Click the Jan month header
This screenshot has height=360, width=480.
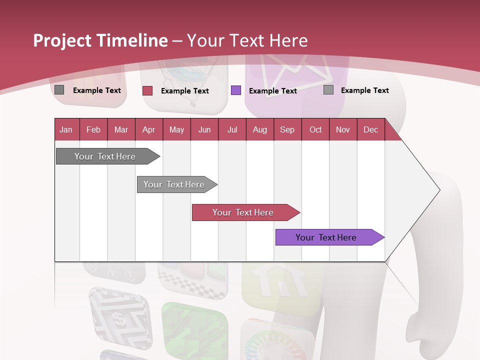pyautogui.click(x=66, y=129)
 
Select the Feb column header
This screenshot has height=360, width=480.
pyautogui.click(x=93, y=129)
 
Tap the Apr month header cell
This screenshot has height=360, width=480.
pyautogui.click(x=148, y=129)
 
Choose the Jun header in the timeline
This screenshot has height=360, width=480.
pyautogui.click(x=204, y=129)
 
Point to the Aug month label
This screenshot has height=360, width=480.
pyautogui.click(x=260, y=129)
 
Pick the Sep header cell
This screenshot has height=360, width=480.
pyautogui.click(x=287, y=129)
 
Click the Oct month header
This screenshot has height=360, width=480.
pyautogui.click(x=315, y=129)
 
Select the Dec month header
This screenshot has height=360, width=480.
pyautogui.click(x=370, y=129)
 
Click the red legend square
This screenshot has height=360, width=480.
pyautogui.click(x=147, y=90)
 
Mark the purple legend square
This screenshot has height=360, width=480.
pyautogui.click(x=236, y=90)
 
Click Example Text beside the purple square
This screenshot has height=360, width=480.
pyautogui.click(x=272, y=91)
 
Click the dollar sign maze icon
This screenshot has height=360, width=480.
pyautogui.click(x=119, y=318)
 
